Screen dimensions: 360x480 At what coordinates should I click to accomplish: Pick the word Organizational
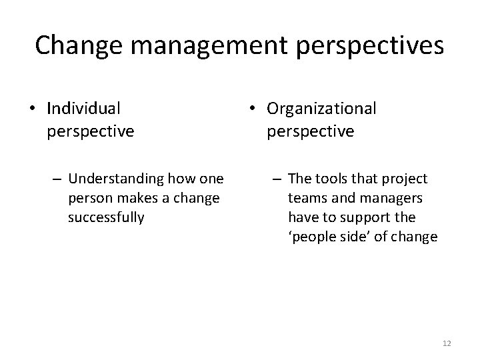322,107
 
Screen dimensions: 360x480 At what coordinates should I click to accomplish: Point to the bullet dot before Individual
31,108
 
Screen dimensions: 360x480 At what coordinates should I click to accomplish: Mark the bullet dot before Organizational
251,108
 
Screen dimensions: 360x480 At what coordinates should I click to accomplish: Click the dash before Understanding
57,179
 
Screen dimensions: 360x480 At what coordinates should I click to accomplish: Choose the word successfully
106,217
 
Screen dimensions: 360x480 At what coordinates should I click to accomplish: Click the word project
405,179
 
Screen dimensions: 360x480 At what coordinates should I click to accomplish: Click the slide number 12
447,343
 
